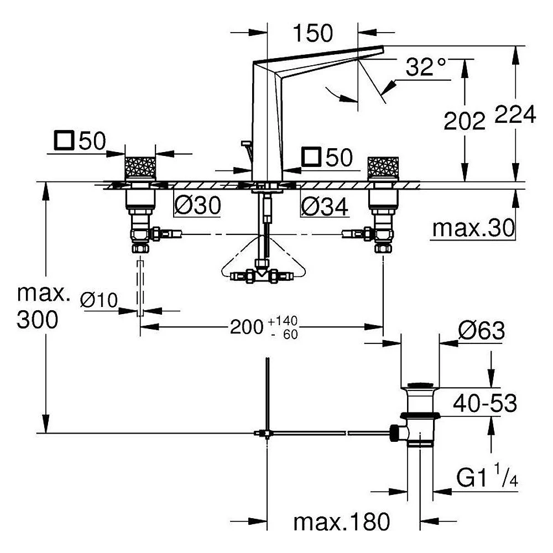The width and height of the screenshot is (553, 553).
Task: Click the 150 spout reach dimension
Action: point(312,33)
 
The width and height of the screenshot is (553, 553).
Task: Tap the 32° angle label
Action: point(426,67)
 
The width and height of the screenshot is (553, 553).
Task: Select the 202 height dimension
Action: point(465,121)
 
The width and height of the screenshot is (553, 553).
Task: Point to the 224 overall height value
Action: point(515,114)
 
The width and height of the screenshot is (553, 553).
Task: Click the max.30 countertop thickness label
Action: point(473,228)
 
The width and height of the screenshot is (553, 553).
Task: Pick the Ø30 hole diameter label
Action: point(198,205)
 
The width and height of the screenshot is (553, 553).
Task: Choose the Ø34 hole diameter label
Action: point(325,206)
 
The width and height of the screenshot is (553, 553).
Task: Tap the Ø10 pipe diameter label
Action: point(99,300)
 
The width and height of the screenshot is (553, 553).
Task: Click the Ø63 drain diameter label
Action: point(482,331)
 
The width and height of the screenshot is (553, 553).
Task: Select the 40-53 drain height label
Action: point(485,403)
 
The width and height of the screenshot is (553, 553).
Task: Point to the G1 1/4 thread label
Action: point(487,476)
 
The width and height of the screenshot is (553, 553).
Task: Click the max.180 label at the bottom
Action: point(342,521)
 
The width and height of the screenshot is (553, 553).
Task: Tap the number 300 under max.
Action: point(38,320)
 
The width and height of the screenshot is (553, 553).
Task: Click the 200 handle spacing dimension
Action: point(247,327)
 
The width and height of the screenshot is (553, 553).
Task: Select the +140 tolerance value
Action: point(283,321)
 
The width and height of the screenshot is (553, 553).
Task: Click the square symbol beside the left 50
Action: point(64,140)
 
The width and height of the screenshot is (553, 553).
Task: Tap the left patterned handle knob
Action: point(140,168)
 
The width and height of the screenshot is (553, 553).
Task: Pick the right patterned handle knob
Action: point(383,168)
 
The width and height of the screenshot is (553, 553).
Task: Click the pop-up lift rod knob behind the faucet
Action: point(246,143)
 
